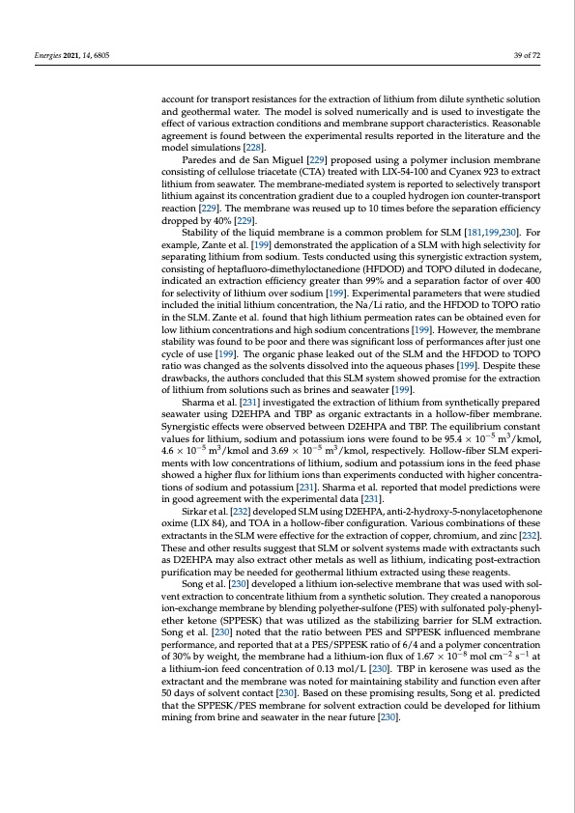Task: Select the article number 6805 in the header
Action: [x=97, y=55]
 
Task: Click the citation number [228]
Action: [x=254, y=147]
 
